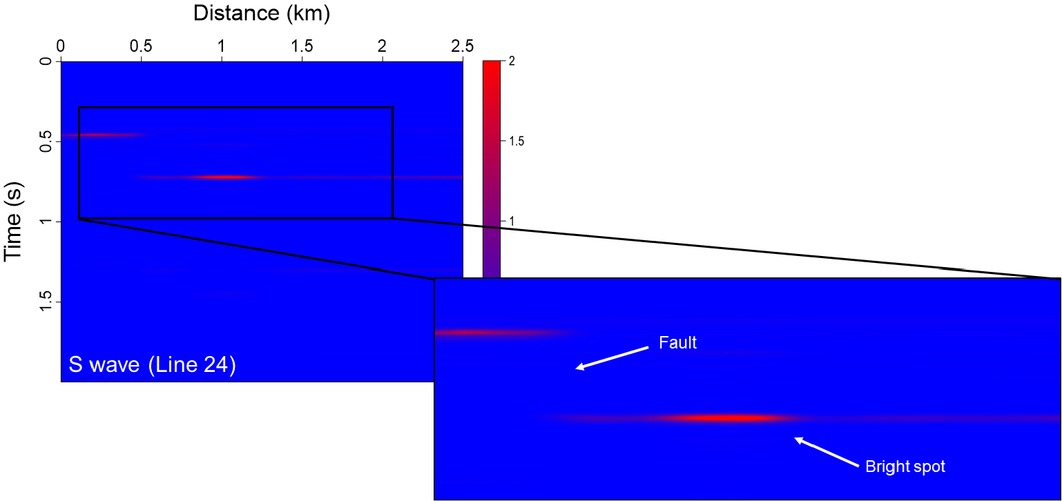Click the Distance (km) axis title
261,13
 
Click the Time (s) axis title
13,222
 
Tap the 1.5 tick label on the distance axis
302,46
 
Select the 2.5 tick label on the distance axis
462,46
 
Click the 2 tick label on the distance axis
382,46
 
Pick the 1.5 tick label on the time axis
46,302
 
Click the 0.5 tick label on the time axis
46,141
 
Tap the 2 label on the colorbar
511,61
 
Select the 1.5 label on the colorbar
516,141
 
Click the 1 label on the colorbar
511,221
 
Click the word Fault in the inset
677,343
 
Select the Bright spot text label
905,467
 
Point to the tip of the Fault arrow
576,369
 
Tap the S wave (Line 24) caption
152,365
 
